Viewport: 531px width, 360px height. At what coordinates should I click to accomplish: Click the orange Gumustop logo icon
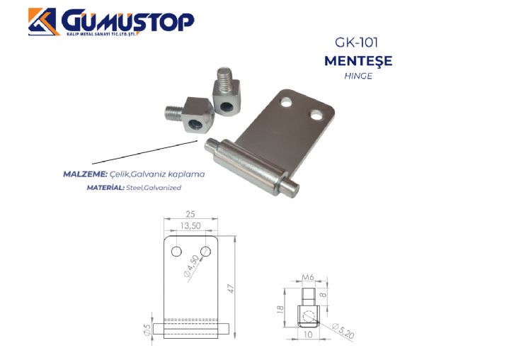(x=42, y=22)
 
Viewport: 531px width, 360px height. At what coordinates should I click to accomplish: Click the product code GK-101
(x=356, y=43)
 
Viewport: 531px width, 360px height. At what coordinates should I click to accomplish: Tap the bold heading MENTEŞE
(x=358, y=61)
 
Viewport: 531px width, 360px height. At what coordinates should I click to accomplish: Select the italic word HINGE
(x=358, y=76)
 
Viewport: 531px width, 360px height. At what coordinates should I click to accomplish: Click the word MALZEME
(x=85, y=174)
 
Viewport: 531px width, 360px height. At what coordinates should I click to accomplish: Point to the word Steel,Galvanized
(x=154, y=188)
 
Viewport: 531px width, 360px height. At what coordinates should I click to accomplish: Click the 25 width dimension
(x=190, y=214)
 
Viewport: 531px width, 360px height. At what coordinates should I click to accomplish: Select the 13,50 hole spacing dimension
(x=190, y=226)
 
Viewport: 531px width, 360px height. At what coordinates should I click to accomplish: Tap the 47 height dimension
(x=231, y=289)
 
